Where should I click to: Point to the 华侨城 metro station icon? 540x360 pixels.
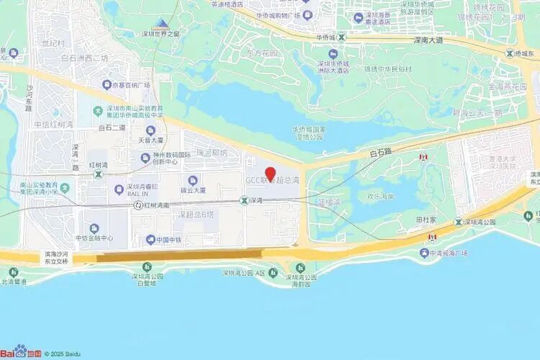342,37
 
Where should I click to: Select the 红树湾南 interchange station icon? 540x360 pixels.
138,205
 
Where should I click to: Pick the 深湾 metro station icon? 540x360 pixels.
244,201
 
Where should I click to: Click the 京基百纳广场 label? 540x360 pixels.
129,85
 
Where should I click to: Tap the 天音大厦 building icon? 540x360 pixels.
150,130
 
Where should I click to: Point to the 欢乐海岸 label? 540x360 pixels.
382,196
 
